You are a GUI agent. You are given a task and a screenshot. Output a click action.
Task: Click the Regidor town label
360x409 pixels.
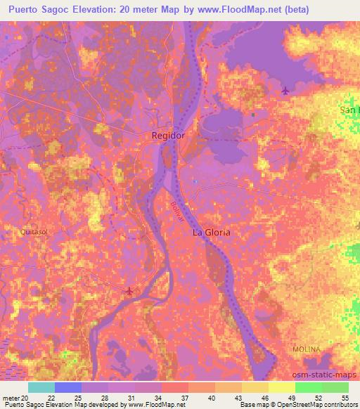click(x=169, y=135)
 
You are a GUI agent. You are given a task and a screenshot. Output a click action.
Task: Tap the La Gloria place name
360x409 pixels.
click(x=212, y=232)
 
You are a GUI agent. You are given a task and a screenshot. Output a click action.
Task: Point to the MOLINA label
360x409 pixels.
click(x=307, y=349)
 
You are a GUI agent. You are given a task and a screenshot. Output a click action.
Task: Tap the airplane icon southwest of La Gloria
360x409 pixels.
click(x=128, y=290)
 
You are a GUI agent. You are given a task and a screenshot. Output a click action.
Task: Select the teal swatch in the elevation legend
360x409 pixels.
click(x=41, y=387)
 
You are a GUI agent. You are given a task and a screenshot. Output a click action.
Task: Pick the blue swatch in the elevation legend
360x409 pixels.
click(x=68, y=387)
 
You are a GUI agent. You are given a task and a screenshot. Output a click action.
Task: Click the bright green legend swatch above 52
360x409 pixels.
click(x=309, y=387)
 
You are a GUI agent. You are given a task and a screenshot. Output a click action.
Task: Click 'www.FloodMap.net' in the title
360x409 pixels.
click(x=224, y=9)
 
